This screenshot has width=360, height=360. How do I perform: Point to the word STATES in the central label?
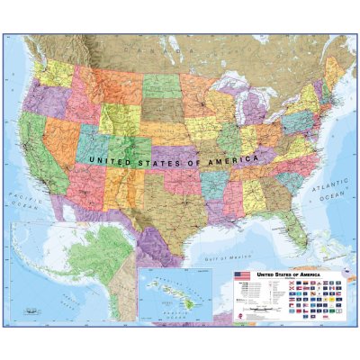[159, 159]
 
